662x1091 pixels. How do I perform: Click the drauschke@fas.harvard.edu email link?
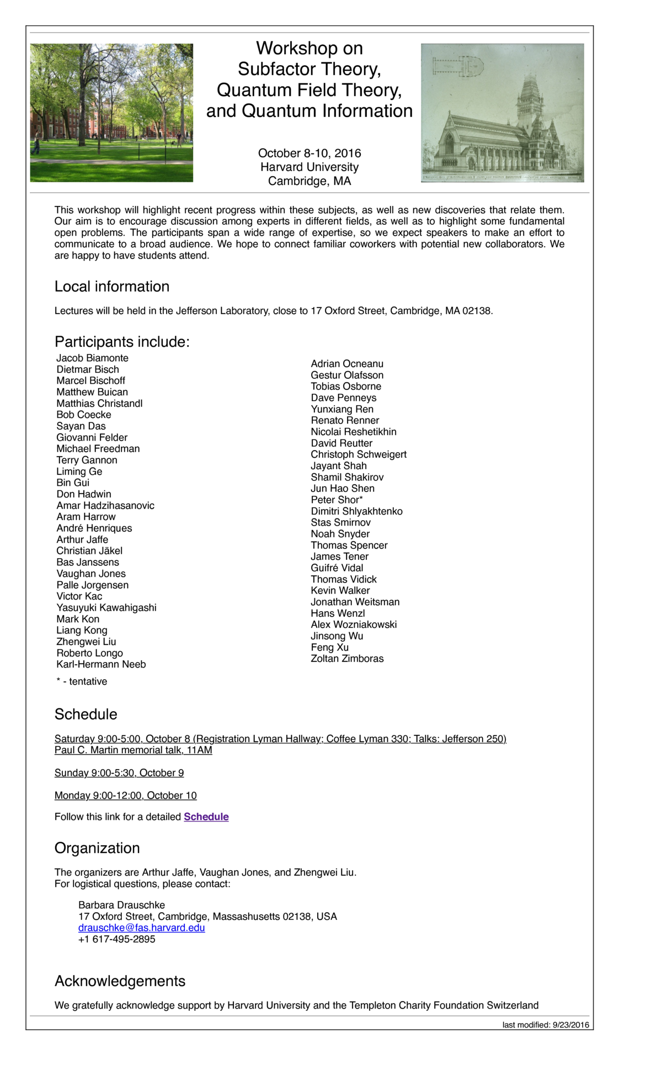click(x=141, y=928)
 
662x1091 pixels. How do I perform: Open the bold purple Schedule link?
click(x=206, y=817)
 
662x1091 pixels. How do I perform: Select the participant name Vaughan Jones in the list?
click(x=91, y=574)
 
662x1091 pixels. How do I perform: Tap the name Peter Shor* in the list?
click(x=337, y=500)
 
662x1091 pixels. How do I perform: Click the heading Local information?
click(x=111, y=287)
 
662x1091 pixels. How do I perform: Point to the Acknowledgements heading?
click(x=120, y=981)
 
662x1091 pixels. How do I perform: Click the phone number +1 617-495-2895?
click(x=117, y=939)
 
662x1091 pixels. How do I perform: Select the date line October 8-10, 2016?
click(x=309, y=153)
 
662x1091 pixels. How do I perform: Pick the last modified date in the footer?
click(x=545, y=1025)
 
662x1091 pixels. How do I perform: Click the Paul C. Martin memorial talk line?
click(x=133, y=750)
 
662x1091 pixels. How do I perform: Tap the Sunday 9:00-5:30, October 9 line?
click(x=119, y=773)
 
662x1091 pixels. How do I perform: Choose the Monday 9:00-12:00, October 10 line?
click(x=125, y=796)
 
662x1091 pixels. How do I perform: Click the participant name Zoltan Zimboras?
click(x=347, y=659)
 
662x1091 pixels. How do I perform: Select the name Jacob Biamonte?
click(x=92, y=358)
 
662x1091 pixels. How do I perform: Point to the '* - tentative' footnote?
click(x=82, y=682)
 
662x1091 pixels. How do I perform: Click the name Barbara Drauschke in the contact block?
click(x=121, y=905)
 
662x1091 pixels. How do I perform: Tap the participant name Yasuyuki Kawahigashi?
click(x=106, y=608)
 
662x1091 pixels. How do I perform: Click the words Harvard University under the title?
click(x=309, y=167)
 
